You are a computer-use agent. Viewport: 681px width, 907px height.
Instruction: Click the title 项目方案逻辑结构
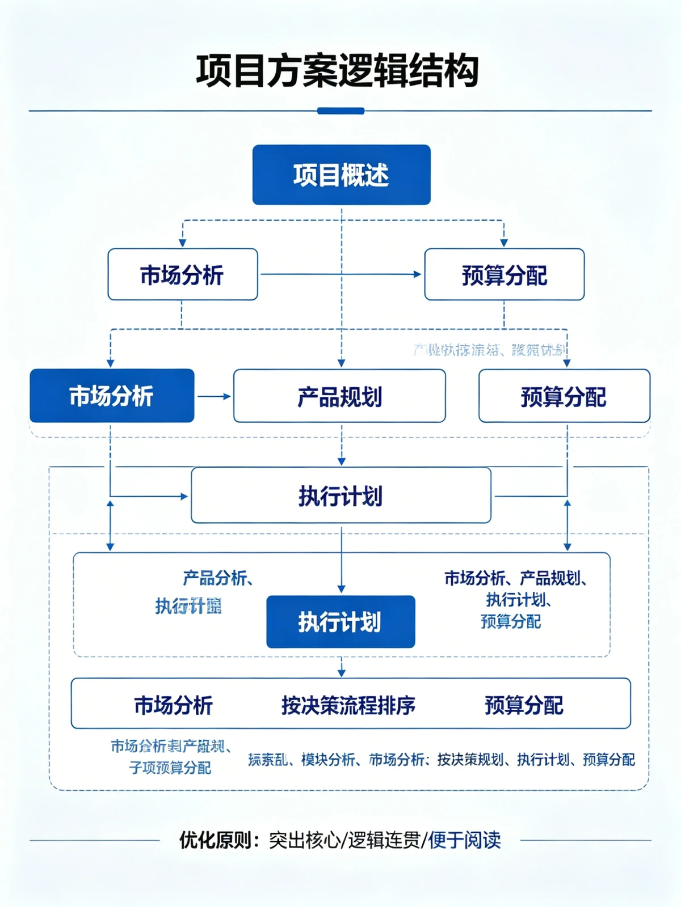(337, 72)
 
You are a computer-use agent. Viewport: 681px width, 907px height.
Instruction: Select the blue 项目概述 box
(341, 175)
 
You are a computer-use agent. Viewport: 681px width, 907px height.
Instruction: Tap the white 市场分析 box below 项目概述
(182, 275)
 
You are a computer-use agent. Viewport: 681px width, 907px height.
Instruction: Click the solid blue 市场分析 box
(112, 396)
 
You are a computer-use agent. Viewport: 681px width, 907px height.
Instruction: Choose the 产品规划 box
(339, 396)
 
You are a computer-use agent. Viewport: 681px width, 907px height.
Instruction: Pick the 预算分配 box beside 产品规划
(564, 396)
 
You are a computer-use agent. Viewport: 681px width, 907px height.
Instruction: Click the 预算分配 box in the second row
(504, 275)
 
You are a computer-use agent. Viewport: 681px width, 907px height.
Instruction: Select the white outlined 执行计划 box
(340, 495)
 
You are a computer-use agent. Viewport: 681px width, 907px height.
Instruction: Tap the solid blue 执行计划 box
(340, 622)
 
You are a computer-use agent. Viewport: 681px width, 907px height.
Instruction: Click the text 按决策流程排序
(348, 705)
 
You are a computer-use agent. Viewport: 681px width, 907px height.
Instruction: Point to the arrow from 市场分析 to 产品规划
(214, 396)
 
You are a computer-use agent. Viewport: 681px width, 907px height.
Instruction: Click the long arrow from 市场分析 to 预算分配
(340, 274)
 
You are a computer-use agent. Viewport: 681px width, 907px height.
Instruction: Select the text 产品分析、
(217, 578)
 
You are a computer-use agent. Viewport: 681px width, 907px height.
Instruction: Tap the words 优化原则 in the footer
(215, 840)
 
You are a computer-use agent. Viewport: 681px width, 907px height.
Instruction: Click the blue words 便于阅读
(464, 840)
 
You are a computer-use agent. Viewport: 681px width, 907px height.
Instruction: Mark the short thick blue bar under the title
(340, 111)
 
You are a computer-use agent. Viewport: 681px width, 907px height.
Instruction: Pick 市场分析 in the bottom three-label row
(173, 705)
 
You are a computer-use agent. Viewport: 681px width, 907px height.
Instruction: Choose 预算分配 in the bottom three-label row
(523, 705)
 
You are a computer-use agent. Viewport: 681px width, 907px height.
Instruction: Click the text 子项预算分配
(170, 768)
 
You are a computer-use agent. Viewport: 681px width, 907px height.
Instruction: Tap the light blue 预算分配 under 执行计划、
(510, 621)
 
